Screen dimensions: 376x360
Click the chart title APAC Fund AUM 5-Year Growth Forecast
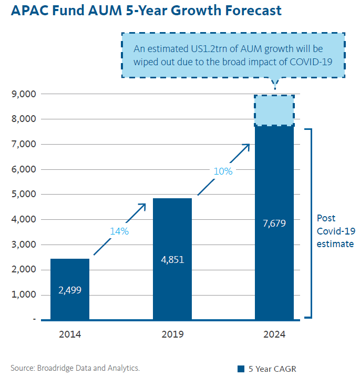point(146,10)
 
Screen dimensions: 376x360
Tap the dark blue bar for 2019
point(172,231)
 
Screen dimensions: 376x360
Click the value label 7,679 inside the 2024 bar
point(274,223)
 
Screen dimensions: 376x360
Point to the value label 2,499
point(70,290)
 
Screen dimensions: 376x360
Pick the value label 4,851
point(172,260)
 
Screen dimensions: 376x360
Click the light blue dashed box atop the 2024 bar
point(274,111)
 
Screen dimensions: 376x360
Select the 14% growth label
point(119,231)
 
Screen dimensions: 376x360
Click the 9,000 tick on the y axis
point(23,94)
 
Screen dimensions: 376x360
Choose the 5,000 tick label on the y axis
point(23,195)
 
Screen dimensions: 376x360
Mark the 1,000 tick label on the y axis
point(23,294)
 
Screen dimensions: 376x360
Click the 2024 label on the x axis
point(274,334)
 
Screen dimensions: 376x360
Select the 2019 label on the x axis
point(172,334)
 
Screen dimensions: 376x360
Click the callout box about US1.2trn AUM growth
point(233,55)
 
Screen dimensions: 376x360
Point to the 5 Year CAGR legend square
point(241,368)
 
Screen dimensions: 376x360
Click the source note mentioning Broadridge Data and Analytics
point(75,368)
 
